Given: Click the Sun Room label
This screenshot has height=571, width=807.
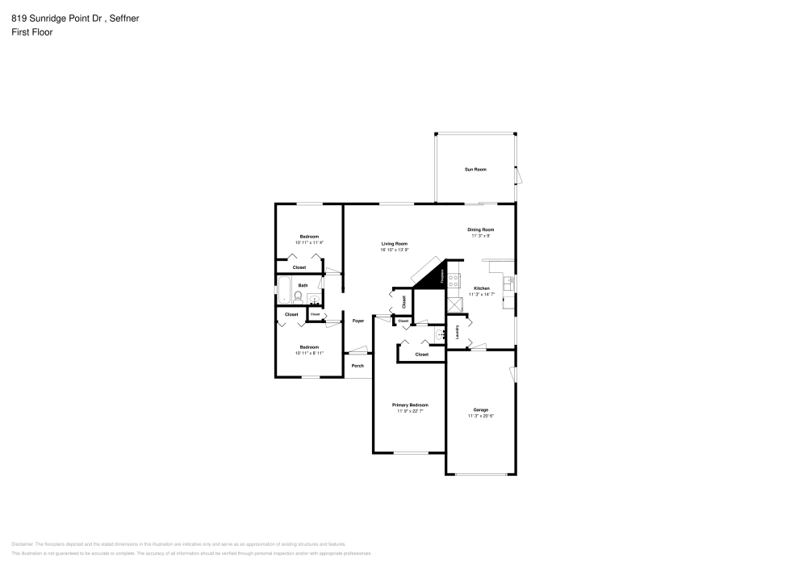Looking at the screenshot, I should (475, 170).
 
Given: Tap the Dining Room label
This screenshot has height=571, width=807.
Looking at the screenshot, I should (481, 229).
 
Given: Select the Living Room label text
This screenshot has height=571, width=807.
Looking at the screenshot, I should (395, 243).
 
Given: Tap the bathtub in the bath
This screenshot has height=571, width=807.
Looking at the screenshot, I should (284, 288).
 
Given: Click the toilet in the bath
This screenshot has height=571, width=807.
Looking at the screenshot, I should (298, 296).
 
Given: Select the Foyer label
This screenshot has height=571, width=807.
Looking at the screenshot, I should (358, 321).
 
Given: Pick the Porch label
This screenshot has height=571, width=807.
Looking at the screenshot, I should (358, 366).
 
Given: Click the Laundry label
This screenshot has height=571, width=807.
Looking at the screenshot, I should (458, 332).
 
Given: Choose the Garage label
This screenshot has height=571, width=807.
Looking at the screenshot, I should (481, 409).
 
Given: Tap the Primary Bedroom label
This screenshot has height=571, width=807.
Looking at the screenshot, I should (410, 405).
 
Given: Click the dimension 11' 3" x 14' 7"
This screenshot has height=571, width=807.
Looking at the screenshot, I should (481, 295).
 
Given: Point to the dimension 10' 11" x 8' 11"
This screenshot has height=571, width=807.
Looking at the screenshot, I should (309, 353).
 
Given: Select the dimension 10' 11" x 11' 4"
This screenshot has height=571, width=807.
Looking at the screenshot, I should (309, 242).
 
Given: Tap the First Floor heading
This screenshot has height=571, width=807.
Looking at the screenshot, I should (32, 32).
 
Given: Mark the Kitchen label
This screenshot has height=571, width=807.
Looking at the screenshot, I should (481, 288).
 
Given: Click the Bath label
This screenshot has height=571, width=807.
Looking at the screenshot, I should (303, 285).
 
